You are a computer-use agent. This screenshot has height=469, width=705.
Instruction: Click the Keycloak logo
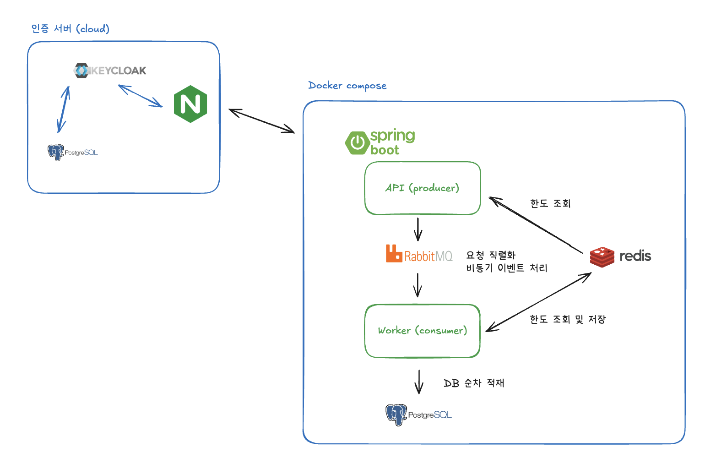tap(110, 71)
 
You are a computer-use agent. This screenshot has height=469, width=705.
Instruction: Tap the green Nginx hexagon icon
tap(190, 104)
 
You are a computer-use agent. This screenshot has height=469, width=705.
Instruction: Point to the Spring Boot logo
tap(380, 142)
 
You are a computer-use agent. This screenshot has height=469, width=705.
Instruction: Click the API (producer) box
tap(422, 188)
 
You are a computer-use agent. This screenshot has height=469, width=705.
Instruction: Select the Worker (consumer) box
tap(422, 331)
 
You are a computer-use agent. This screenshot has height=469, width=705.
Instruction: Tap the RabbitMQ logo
tap(419, 254)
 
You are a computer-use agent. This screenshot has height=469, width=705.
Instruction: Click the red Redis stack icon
tap(602, 256)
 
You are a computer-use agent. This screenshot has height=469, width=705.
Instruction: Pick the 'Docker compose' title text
tap(347, 86)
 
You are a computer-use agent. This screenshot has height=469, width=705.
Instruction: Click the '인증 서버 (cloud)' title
tap(70, 29)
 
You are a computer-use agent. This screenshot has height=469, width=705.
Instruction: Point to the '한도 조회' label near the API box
tap(550, 203)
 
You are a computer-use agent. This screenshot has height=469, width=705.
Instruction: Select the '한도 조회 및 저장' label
tap(568, 319)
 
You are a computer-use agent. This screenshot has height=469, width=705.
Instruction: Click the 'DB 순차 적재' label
tap(474, 383)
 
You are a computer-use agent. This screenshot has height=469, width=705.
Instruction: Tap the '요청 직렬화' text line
tap(491, 255)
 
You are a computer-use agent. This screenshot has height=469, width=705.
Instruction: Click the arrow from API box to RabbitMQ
tap(418, 229)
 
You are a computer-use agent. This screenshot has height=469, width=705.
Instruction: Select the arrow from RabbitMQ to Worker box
tap(418, 285)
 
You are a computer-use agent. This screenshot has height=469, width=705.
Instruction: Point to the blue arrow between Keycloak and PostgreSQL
tap(64, 109)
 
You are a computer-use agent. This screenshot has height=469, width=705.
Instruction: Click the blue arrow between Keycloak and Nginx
tap(140, 96)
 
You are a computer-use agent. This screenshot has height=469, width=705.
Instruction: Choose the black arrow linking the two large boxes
tap(262, 121)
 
